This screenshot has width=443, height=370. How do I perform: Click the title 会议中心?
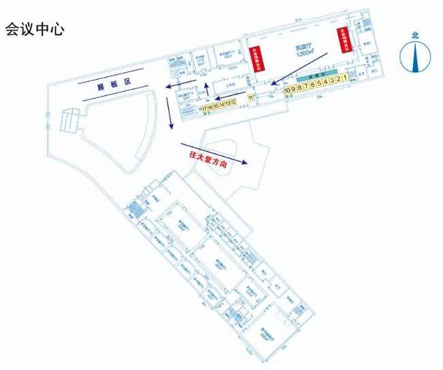[35, 30]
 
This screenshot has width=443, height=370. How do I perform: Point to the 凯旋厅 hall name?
[303, 48]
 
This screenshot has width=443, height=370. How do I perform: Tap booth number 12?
[233, 102]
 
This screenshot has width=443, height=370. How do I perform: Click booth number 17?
[204, 108]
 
